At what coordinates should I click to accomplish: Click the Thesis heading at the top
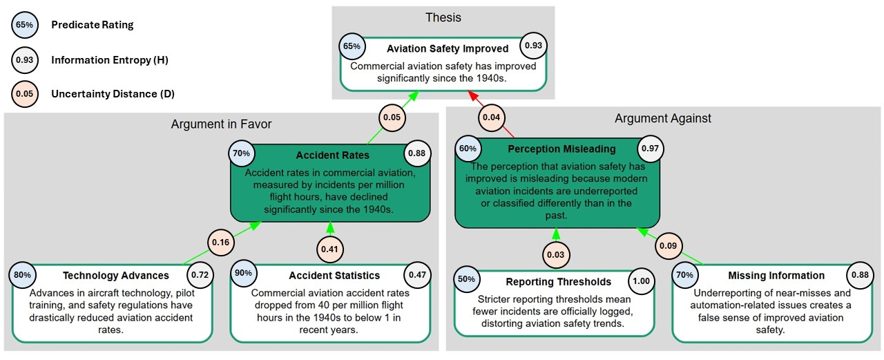click(x=443, y=17)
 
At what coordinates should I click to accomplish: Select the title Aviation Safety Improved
click(x=448, y=48)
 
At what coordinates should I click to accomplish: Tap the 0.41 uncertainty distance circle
click(x=329, y=249)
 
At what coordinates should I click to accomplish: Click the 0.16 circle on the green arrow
click(x=220, y=243)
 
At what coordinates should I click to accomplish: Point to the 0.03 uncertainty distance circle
click(x=556, y=254)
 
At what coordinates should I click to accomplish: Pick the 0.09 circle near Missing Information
click(x=668, y=245)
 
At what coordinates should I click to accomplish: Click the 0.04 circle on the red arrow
click(x=491, y=117)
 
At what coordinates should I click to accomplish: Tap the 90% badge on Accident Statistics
click(x=244, y=273)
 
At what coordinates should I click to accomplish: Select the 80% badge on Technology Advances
click(x=23, y=275)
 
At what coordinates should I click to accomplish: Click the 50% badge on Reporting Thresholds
click(x=466, y=279)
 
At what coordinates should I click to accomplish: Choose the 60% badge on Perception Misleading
click(x=468, y=149)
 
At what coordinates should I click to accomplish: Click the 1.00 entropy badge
click(x=642, y=281)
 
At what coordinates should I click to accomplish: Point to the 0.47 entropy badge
click(x=417, y=275)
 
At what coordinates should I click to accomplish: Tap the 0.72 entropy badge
click(x=200, y=275)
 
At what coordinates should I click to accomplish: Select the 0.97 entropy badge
click(x=650, y=149)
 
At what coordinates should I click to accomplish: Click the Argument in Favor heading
click(x=222, y=124)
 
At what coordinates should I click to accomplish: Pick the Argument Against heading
click(x=663, y=118)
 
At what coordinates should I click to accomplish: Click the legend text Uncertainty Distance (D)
click(x=113, y=94)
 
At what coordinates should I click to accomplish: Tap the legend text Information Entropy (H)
click(x=110, y=60)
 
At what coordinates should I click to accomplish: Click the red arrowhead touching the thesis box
click(x=473, y=96)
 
